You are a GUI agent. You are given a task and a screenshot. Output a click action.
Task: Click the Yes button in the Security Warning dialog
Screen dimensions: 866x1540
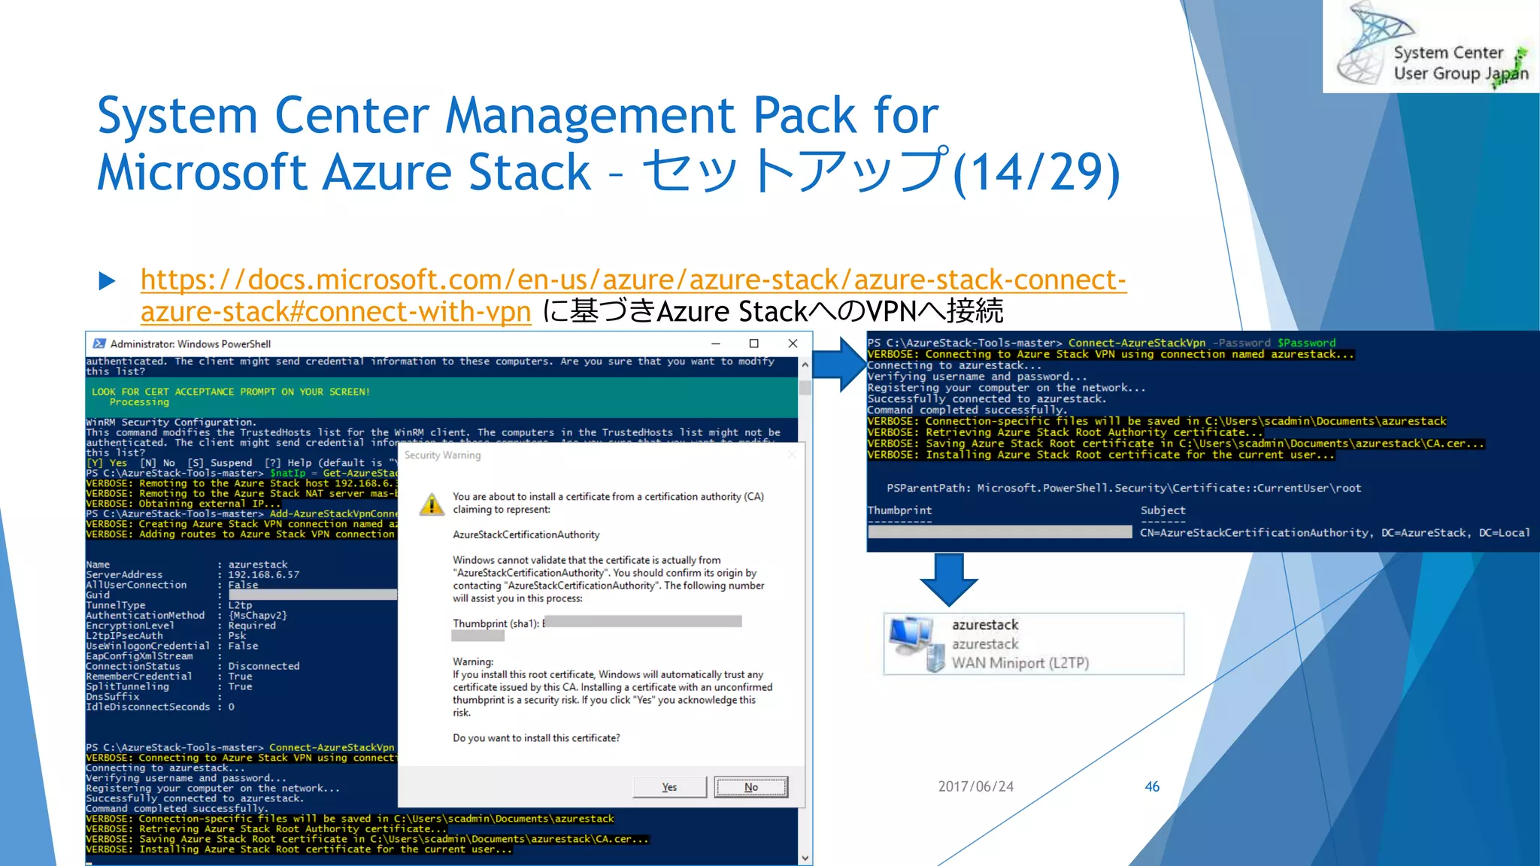click(x=669, y=787)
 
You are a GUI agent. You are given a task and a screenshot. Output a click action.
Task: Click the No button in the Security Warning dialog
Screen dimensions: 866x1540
click(x=750, y=787)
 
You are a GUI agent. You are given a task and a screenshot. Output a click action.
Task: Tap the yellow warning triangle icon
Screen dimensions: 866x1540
click(x=432, y=504)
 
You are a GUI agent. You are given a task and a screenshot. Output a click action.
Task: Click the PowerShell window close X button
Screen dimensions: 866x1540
click(x=793, y=344)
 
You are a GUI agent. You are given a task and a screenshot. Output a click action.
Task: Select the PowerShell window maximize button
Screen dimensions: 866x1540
click(x=753, y=344)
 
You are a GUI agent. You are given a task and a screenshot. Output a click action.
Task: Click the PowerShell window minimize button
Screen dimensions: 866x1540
click(x=716, y=344)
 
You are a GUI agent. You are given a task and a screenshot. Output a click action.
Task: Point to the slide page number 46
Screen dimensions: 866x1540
click(x=1152, y=786)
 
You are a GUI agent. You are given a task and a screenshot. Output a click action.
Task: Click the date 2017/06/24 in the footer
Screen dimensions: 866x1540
click(x=975, y=786)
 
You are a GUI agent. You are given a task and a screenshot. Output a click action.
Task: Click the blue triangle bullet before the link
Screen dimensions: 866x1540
click(x=108, y=281)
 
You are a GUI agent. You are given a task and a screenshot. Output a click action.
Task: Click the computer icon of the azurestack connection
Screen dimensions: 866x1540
click(x=914, y=643)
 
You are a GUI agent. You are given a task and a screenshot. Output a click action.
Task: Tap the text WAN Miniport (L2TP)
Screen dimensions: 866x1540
click(x=1020, y=663)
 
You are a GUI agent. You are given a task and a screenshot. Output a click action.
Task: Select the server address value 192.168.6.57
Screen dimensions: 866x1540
click(x=264, y=575)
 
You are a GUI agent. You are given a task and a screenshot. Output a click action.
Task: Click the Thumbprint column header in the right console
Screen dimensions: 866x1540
click(x=899, y=510)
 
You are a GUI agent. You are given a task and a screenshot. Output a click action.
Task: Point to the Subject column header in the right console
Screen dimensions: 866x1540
click(x=1163, y=510)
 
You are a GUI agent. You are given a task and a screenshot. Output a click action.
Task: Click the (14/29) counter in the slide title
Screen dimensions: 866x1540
click(x=1036, y=173)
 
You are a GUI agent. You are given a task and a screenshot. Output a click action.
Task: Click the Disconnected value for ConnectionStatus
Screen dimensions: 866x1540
click(x=264, y=666)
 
